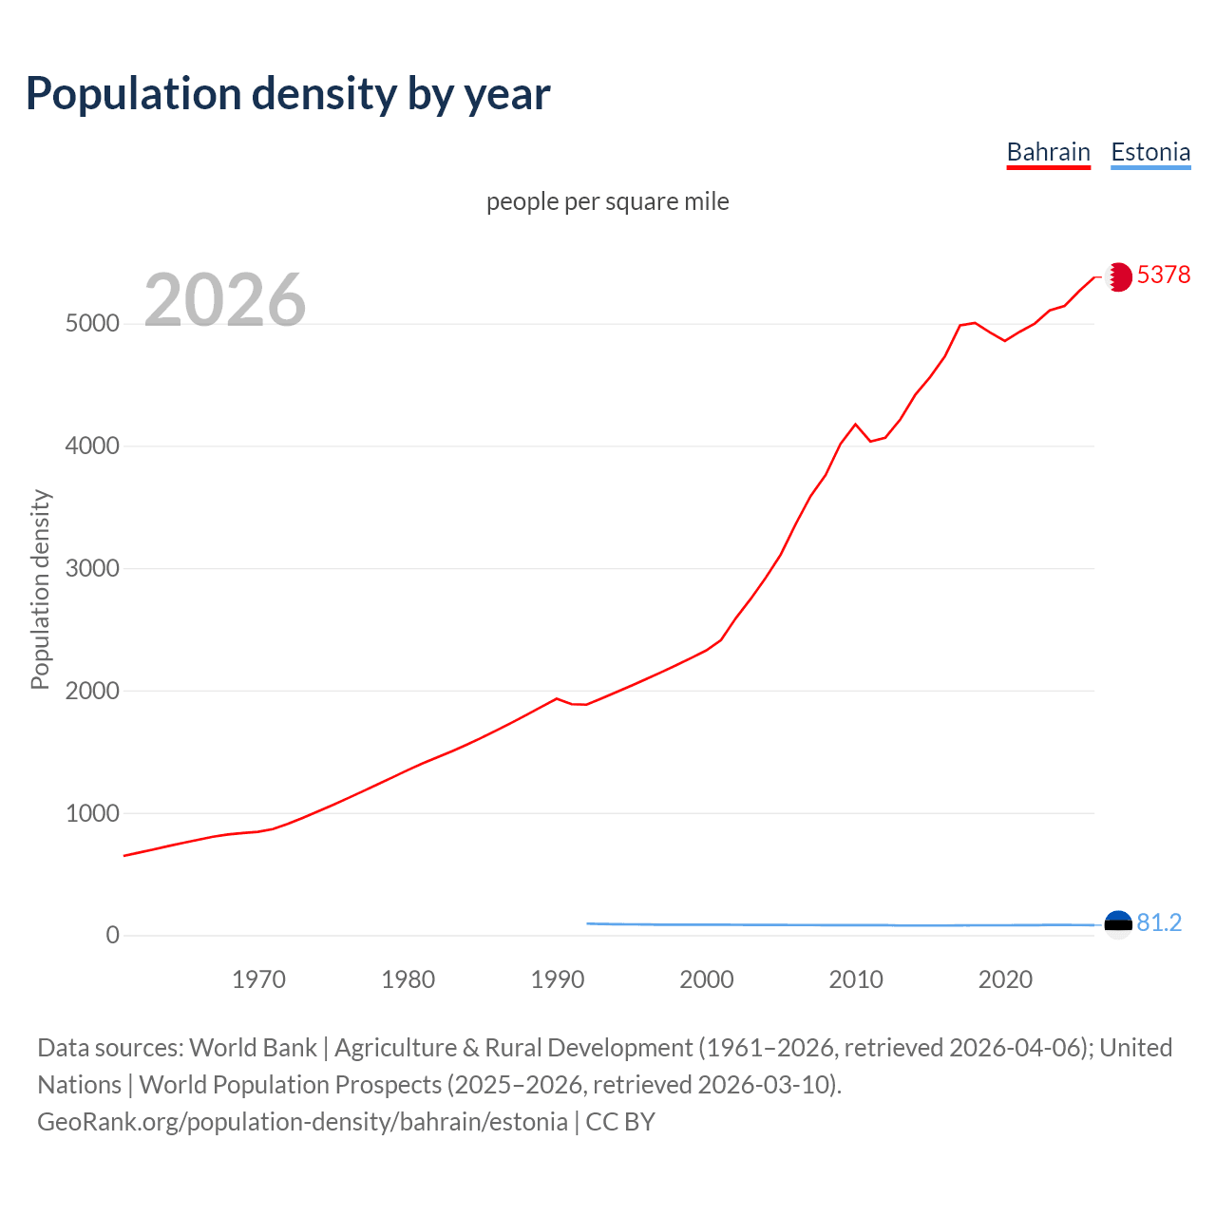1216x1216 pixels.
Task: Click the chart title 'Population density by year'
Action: pyautogui.click(x=288, y=93)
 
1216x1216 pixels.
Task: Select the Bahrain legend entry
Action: pyautogui.click(x=1048, y=152)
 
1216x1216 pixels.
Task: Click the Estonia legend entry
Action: pyautogui.click(x=1150, y=152)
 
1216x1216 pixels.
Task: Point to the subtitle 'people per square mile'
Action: pyautogui.click(x=607, y=201)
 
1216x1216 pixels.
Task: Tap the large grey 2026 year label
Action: pyautogui.click(x=225, y=300)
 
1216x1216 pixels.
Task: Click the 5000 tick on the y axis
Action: pyautogui.click(x=92, y=324)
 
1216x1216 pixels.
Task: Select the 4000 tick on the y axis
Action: pyautogui.click(x=92, y=446)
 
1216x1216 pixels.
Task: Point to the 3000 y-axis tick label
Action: pyautogui.click(x=92, y=568)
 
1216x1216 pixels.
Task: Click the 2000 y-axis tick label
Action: pyautogui.click(x=92, y=691)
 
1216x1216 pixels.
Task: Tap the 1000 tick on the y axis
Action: pyautogui.click(x=92, y=813)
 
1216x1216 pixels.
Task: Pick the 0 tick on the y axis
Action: pyautogui.click(x=113, y=936)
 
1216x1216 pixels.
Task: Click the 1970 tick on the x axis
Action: pyautogui.click(x=258, y=979)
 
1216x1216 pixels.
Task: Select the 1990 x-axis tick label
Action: pyautogui.click(x=558, y=979)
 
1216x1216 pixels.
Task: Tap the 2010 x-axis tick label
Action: pyautogui.click(x=856, y=979)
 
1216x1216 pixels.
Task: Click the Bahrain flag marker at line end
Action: pyautogui.click(x=1118, y=276)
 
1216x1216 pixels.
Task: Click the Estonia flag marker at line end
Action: pyautogui.click(x=1118, y=924)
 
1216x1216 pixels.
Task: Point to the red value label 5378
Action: pyautogui.click(x=1163, y=275)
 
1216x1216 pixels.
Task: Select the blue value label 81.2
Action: pyautogui.click(x=1159, y=922)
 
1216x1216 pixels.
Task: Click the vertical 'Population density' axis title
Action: pyautogui.click(x=40, y=589)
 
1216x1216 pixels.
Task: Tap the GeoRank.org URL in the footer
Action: pyautogui.click(x=302, y=1122)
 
